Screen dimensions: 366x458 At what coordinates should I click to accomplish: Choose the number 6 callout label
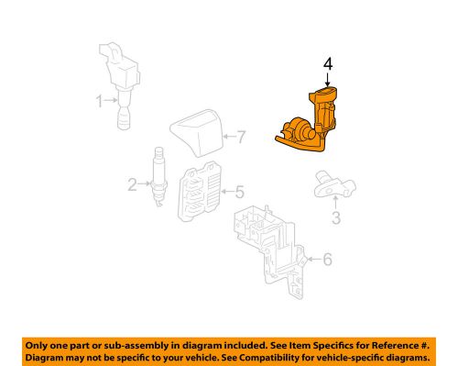pos(328,261)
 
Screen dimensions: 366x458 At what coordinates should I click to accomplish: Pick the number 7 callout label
pos(240,139)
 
